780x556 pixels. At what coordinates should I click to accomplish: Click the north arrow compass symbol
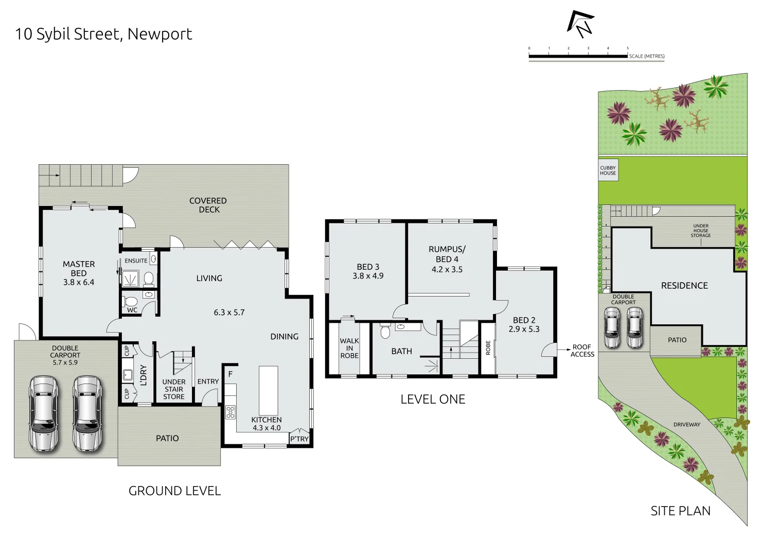coord(580,24)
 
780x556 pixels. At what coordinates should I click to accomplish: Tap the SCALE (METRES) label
coord(646,56)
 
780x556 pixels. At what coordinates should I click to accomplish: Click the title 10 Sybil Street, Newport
coord(103,34)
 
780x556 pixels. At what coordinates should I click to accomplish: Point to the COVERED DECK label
coord(208,205)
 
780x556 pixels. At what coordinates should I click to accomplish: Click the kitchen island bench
coord(268,390)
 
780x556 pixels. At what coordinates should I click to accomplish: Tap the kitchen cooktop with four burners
coord(230,412)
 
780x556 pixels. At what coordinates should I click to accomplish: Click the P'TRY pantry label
coord(299,439)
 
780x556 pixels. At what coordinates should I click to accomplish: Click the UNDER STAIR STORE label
coord(174,389)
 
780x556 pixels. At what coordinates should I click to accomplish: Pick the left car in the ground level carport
coord(44,414)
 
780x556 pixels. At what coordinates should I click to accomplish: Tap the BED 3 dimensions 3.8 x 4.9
coord(368,276)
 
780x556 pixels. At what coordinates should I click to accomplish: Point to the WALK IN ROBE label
coord(349,348)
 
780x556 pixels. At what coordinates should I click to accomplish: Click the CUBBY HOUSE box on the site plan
coord(608,170)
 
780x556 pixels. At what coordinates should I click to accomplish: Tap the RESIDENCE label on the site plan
coord(684,286)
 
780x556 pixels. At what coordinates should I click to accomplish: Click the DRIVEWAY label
coord(686,425)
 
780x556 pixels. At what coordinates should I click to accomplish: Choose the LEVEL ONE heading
coord(433,399)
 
